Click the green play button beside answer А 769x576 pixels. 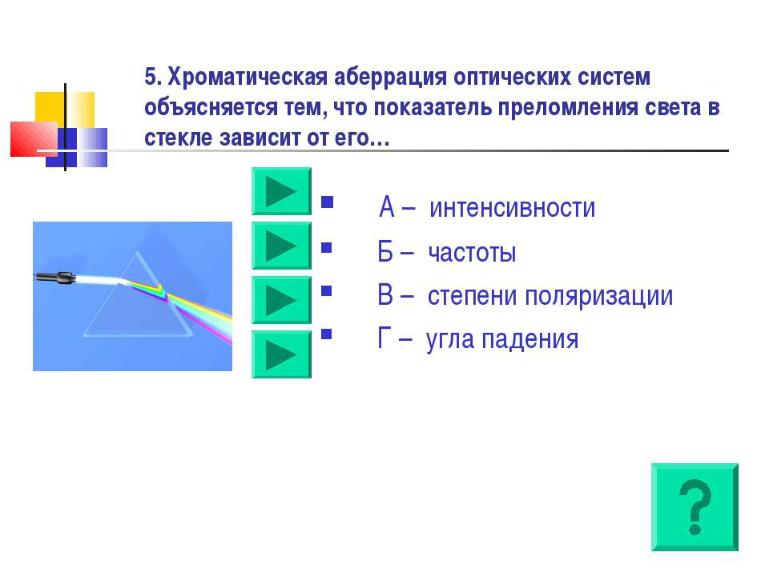click(x=281, y=191)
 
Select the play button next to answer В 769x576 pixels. click(x=281, y=300)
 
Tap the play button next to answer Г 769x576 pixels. click(x=281, y=354)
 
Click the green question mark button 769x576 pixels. click(x=695, y=507)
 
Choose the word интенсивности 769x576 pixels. click(x=512, y=208)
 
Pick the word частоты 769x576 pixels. click(x=472, y=253)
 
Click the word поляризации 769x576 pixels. click(x=599, y=297)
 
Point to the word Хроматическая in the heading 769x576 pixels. click(x=248, y=78)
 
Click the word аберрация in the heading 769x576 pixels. click(x=390, y=78)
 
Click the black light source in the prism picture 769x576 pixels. click(x=56, y=278)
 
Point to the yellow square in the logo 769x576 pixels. click(x=64, y=110)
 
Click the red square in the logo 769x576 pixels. click(x=34, y=139)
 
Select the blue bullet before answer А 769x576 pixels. click(x=327, y=202)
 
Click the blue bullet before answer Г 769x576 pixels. click(x=327, y=334)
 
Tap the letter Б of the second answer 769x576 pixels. click(x=385, y=252)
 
